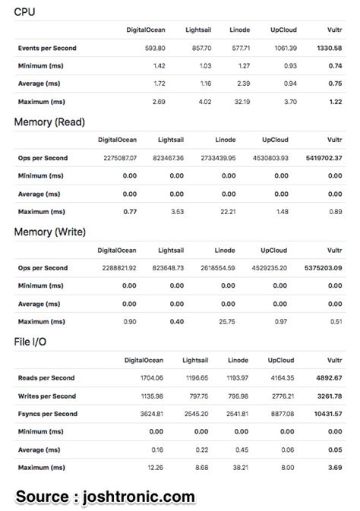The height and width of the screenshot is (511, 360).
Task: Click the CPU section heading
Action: point(24,12)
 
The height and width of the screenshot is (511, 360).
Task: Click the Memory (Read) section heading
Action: point(49,121)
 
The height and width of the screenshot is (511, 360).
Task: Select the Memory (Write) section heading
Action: point(49,232)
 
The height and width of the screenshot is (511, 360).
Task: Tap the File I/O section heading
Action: point(30,342)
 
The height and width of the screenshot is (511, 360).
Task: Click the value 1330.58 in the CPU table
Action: point(329,48)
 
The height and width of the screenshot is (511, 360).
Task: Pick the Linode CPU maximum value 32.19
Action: point(239,102)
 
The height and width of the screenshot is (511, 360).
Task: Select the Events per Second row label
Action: point(47,48)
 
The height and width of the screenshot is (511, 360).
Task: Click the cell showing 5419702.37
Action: point(321,158)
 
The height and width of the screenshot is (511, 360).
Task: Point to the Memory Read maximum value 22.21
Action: point(226,212)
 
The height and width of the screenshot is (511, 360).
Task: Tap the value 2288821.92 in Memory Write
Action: point(117,267)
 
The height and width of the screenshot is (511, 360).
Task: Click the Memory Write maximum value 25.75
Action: point(226,321)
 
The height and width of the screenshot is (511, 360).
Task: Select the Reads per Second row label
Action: point(46,377)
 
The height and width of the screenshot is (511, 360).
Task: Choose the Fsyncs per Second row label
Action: point(47,414)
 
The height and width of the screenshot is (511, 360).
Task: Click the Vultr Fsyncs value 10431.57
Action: point(325,414)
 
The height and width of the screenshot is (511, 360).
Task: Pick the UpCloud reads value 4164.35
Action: point(282,377)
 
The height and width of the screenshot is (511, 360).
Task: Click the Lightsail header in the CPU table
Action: point(198,30)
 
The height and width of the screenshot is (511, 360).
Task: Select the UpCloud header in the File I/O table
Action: point(281,360)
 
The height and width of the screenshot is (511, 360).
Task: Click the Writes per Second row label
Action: point(47,396)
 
